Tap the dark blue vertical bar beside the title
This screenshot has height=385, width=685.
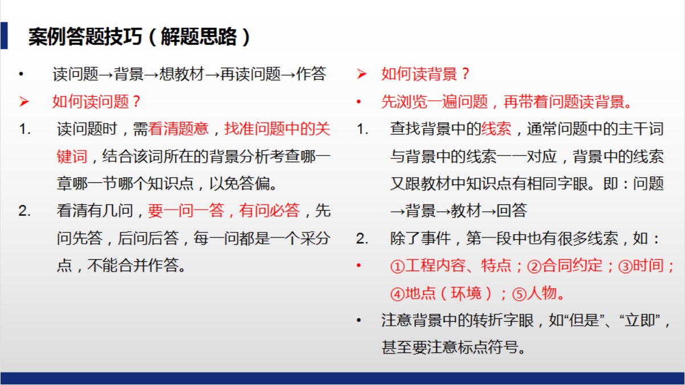click(4, 36)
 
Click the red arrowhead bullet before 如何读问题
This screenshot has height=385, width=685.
click(23, 102)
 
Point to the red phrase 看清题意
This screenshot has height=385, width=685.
click(178, 129)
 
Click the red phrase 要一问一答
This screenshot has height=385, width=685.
click(186, 211)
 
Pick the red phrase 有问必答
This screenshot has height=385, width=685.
click(269, 211)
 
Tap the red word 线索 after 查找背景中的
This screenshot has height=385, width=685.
click(496, 129)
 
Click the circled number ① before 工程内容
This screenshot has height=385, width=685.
click(397, 267)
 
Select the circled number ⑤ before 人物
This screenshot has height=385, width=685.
click(518, 294)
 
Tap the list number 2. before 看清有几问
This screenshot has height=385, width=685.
click(24, 211)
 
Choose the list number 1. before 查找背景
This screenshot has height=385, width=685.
click(362, 129)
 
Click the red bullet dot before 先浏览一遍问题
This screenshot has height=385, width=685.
click(359, 103)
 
